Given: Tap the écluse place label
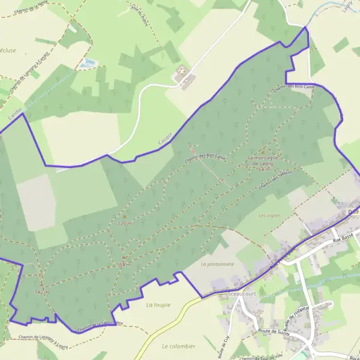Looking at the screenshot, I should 8,50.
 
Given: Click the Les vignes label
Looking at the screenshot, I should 269,215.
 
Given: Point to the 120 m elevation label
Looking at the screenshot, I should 124,223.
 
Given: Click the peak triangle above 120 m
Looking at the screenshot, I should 124,216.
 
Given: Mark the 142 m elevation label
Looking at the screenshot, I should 41,292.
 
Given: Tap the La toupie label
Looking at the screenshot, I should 158,305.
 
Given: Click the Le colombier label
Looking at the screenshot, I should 179,346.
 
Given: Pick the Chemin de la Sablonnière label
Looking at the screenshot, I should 99,325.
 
